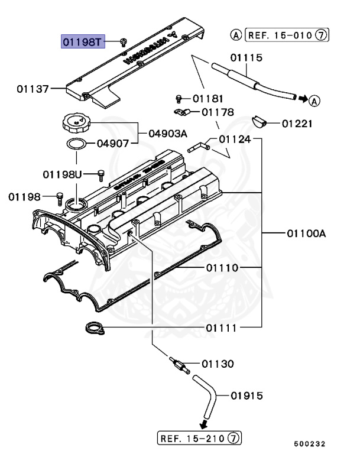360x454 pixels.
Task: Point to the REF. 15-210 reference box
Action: [x=199, y=439]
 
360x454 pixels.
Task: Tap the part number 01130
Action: [x=218, y=364]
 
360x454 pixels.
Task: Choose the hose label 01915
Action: [x=247, y=395]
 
